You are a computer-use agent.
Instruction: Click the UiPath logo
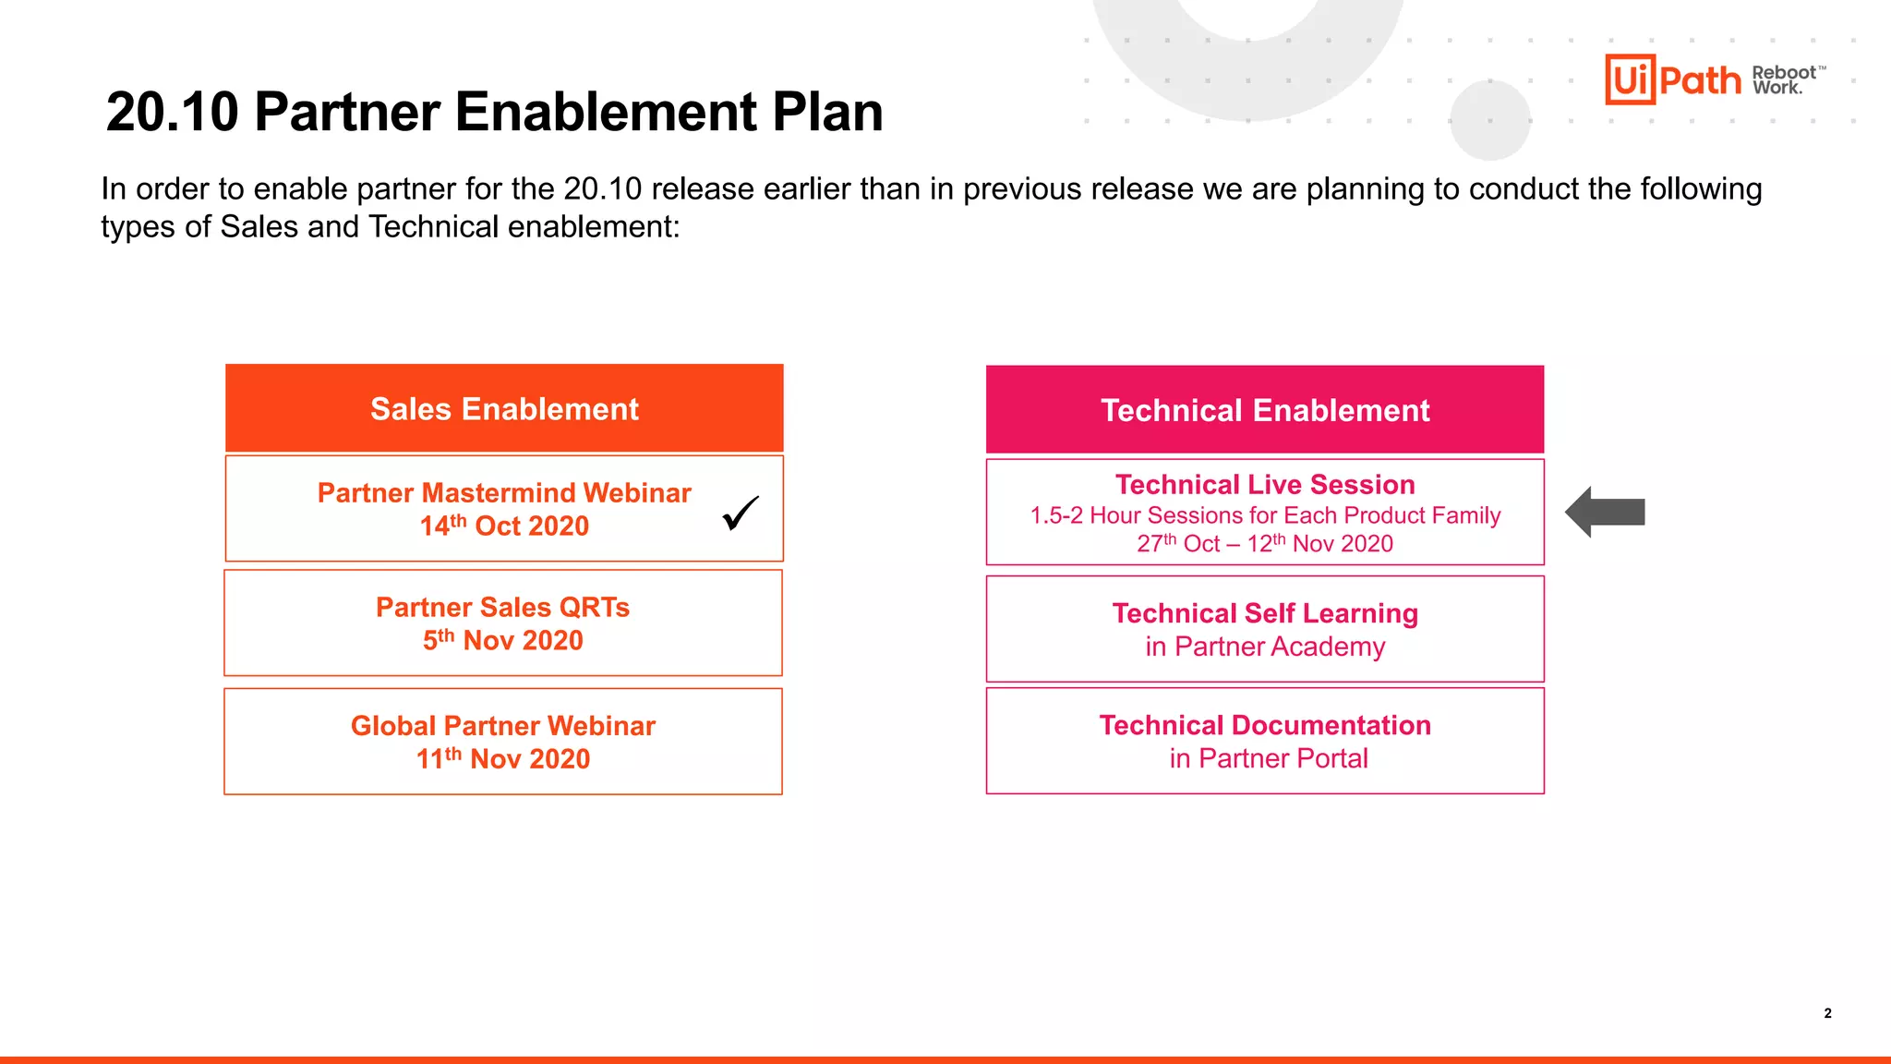(x=1672, y=79)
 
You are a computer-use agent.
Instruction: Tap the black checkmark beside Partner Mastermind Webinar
(x=741, y=514)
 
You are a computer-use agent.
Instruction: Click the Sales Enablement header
(x=504, y=408)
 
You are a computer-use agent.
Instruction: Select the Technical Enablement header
(x=1265, y=410)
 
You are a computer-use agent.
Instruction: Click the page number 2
(x=1827, y=1013)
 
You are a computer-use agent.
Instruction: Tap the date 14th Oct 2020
(x=504, y=526)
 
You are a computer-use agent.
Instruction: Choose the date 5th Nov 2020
(x=503, y=640)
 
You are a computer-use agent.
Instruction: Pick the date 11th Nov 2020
(x=503, y=758)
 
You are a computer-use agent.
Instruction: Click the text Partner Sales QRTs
(x=503, y=607)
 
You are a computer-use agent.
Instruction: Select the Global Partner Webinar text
(x=503, y=726)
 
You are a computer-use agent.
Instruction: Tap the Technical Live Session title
(x=1265, y=485)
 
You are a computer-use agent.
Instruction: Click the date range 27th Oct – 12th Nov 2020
(x=1265, y=543)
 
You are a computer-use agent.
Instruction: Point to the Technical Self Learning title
(x=1265, y=613)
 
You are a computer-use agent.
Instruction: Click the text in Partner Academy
(x=1265, y=647)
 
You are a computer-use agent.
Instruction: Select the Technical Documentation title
(x=1265, y=725)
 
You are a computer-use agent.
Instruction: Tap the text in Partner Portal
(x=1269, y=758)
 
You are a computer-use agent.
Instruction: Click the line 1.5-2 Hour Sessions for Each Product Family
(x=1265, y=514)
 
